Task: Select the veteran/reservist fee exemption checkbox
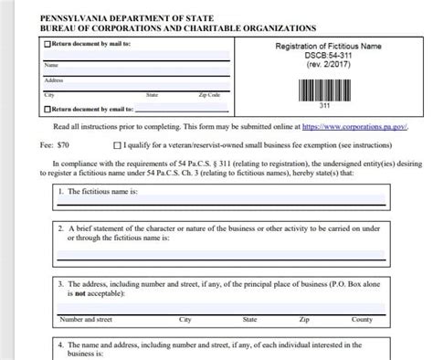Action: point(116,144)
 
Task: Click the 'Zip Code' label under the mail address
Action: point(208,94)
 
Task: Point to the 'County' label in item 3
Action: point(362,320)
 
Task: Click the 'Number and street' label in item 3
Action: point(85,320)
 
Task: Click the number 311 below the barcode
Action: point(322,105)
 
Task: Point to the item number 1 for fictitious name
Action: point(59,192)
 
